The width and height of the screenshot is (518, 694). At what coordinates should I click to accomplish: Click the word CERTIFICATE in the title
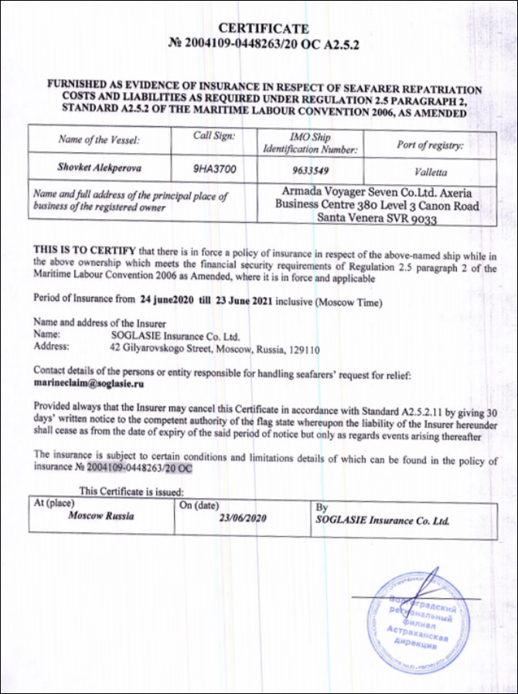coord(264,29)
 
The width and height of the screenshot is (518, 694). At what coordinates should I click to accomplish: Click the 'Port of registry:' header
coord(429,145)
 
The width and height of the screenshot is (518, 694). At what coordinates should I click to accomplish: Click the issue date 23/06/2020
coord(244,518)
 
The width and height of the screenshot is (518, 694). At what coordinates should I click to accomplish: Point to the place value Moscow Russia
coord(101,515)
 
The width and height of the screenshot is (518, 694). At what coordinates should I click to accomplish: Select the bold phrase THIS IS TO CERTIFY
coord(83,248)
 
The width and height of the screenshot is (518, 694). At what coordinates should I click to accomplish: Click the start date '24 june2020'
coord(165,298)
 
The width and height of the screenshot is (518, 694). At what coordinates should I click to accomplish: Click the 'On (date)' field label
coord(200,504)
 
